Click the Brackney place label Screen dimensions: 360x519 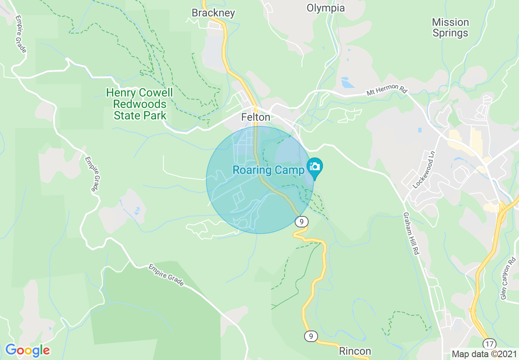point(213,13)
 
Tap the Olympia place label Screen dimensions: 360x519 point(325,8)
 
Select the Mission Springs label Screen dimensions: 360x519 point(450,27)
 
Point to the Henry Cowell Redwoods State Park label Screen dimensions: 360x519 point(140,104)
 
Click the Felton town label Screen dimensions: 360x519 point(255,117)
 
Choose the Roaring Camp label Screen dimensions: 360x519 point(268,170)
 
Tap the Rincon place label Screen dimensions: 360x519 point(355,351)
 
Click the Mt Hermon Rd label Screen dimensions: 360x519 point(387,91)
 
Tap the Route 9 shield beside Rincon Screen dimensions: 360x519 point(311,336)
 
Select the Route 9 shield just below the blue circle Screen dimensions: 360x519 point(301,222)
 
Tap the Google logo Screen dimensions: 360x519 point(27,350)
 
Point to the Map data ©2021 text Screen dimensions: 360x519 point(484,353)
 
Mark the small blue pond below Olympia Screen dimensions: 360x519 point(347,83)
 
